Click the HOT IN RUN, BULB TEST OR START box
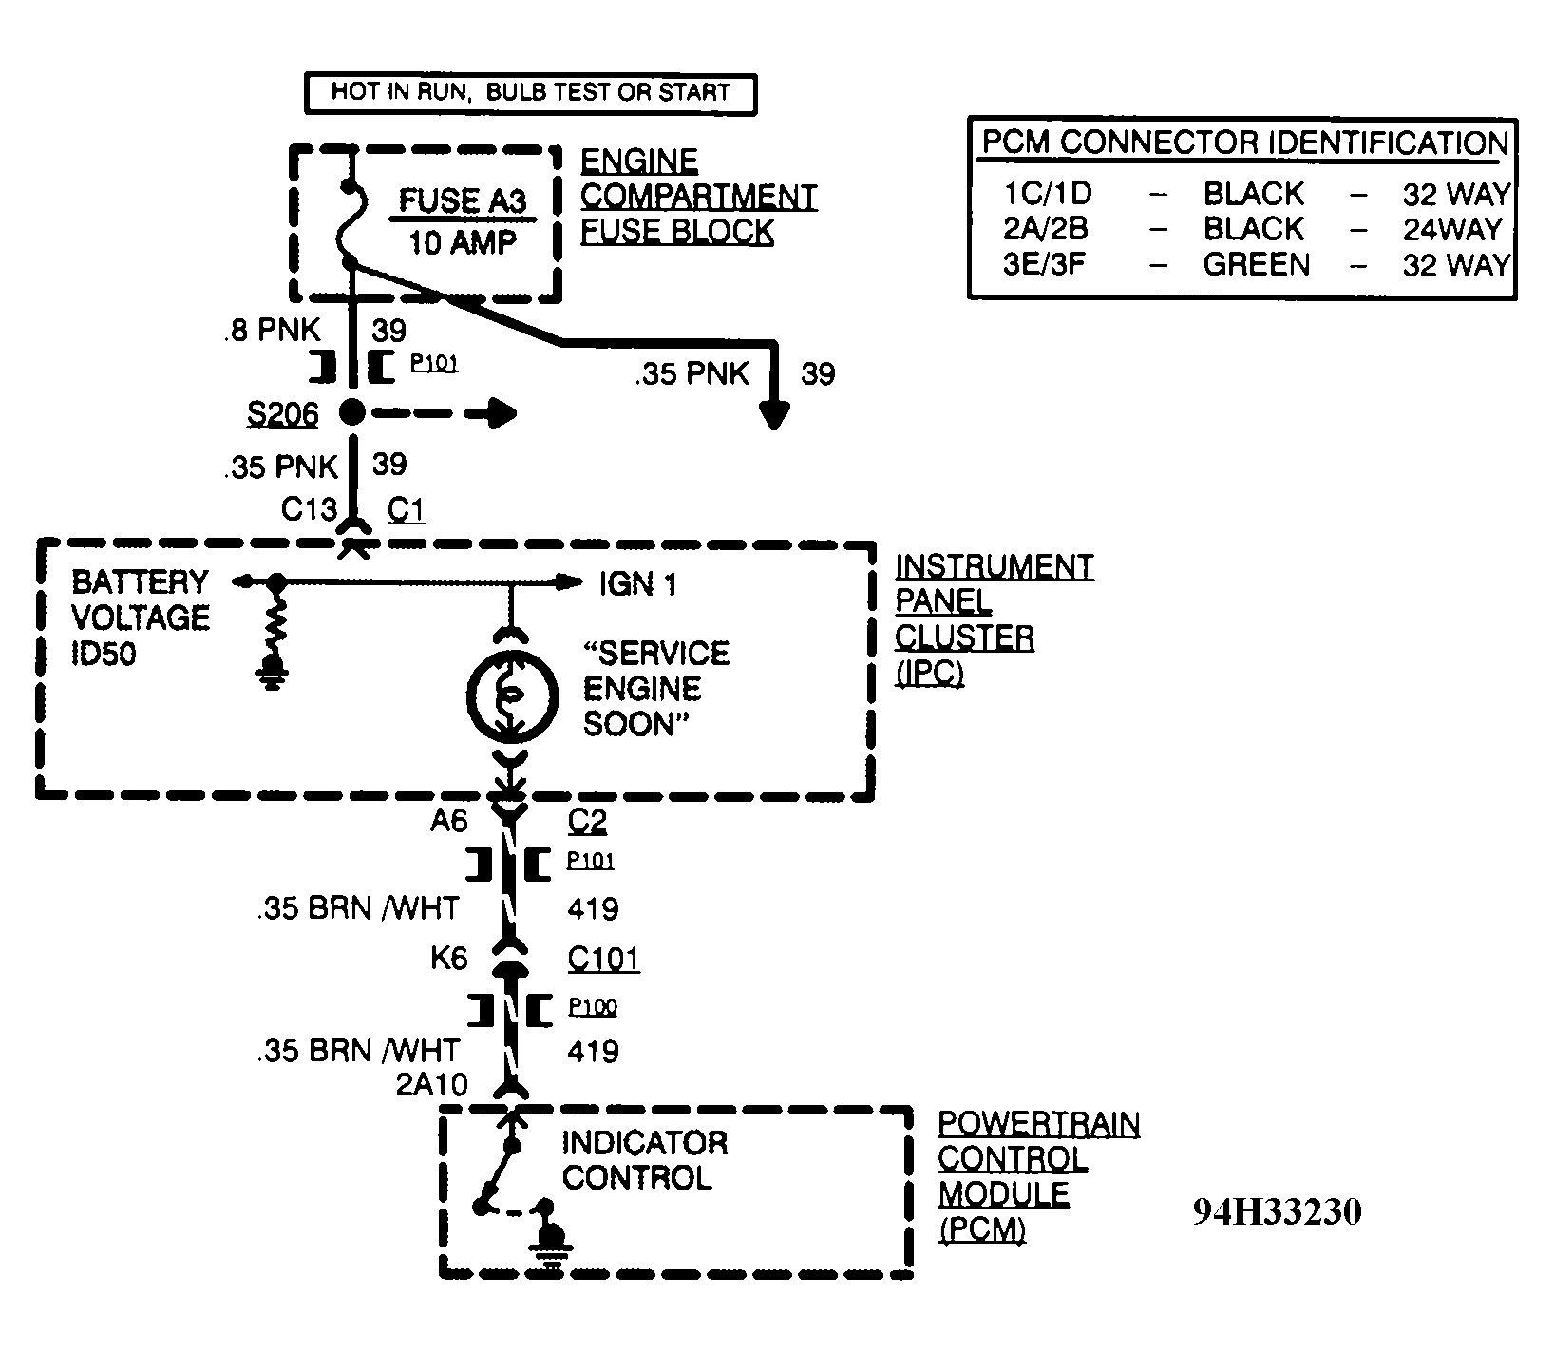point(530,93)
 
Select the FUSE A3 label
point(462,200)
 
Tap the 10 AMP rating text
point(463,242)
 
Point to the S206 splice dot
point(352,412)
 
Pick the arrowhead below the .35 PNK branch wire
point(775,415)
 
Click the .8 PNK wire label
point(273,330)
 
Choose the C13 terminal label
point(309,510)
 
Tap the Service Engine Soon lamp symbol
point(511,696)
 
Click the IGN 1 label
point(638,583)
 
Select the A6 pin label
point(449,820)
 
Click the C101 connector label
point(604,959)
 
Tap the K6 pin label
point(449,959)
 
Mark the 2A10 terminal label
point(432,1084)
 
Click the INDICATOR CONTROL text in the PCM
point(645,1160)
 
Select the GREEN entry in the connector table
point(1257,264)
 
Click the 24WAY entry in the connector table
point(1453,229)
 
